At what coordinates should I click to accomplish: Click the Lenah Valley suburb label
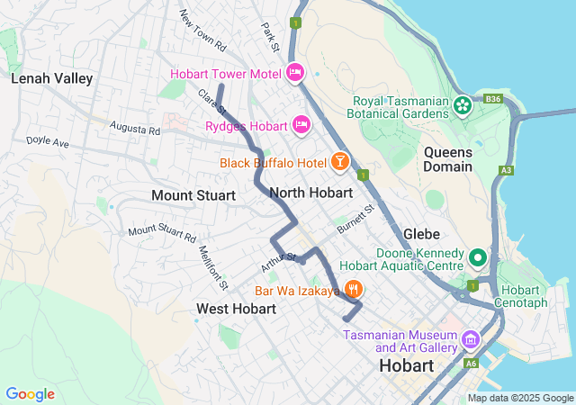coord(51,78)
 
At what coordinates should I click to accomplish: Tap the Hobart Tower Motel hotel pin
coord(295,72)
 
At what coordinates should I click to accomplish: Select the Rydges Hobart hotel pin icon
coord(301,124)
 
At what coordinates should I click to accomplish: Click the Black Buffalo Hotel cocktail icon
coord(340,161)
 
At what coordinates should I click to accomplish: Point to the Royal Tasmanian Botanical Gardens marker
coord(463,105)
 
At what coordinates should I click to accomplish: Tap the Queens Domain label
coord(447,159)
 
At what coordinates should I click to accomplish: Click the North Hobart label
coord(310,193)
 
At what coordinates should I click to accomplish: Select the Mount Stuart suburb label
coord(193,195)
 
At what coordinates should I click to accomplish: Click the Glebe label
coord(421,233)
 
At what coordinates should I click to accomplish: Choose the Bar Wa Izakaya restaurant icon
coord(353,290)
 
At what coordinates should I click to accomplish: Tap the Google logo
coord(30,394)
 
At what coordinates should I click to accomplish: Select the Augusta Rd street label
coord(135,130)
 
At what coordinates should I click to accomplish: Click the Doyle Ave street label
coord(47,142)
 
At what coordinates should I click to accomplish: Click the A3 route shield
coord(508,169)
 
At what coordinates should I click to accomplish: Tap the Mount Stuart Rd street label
coord(161,231)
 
